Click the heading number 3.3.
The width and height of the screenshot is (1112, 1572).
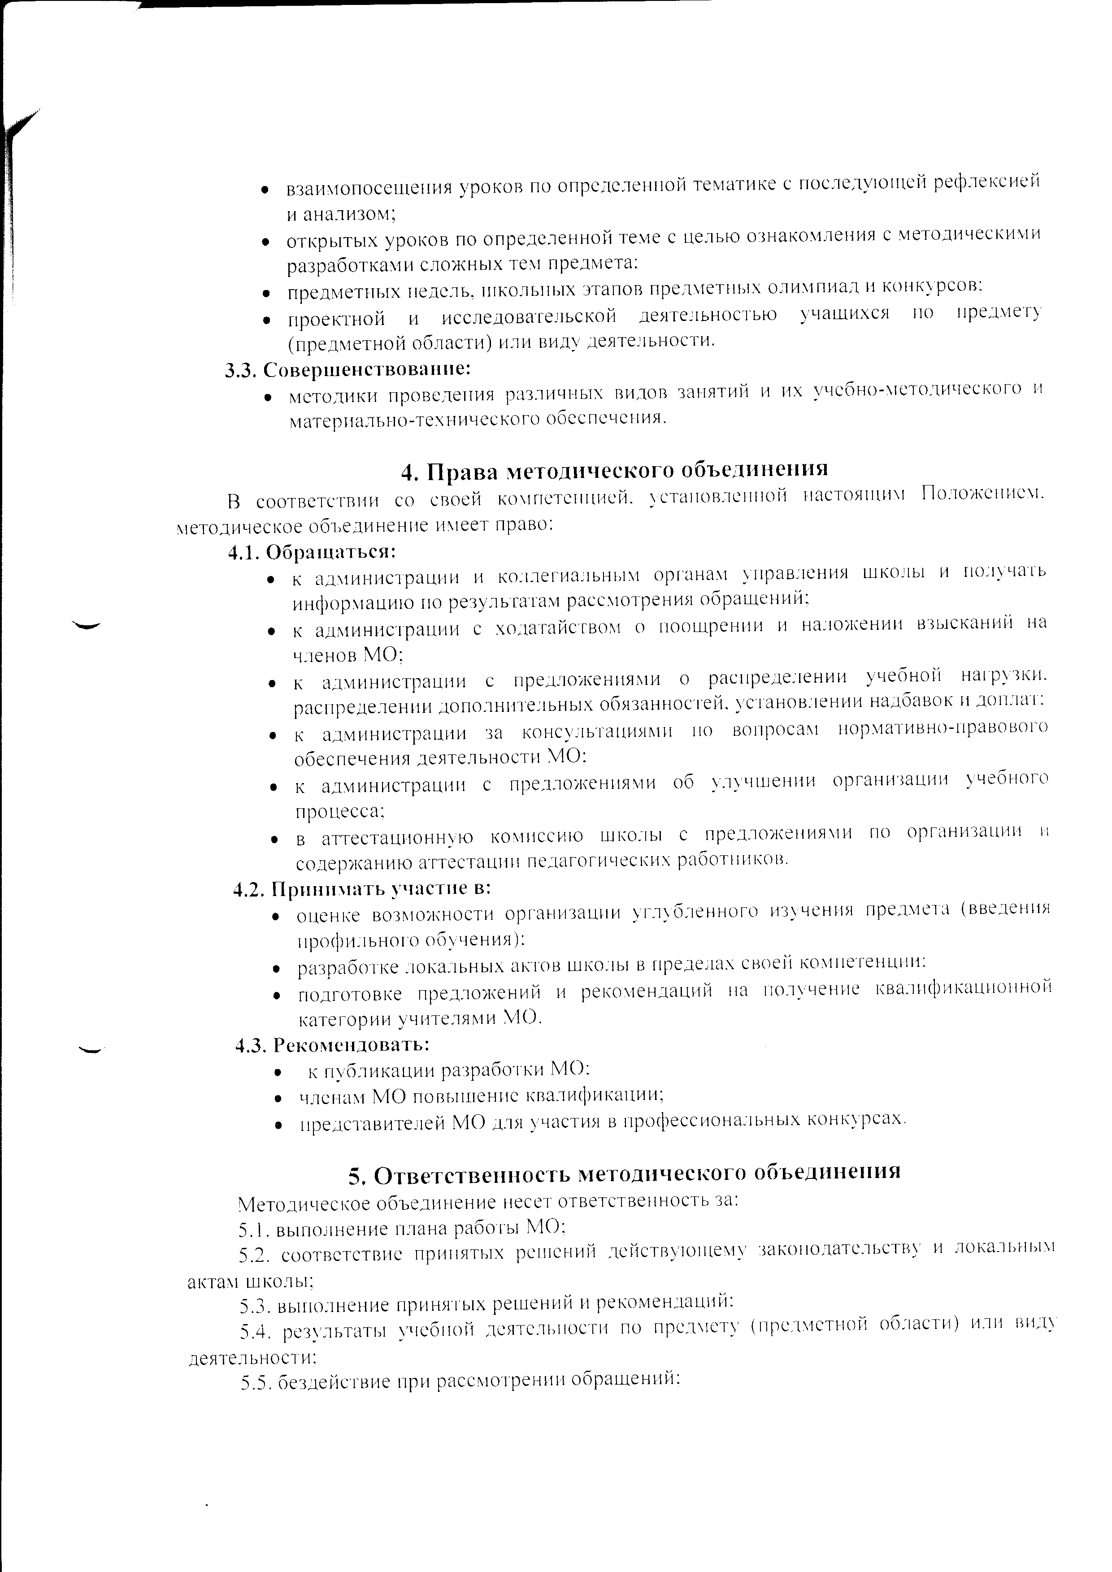tap(241, 370)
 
